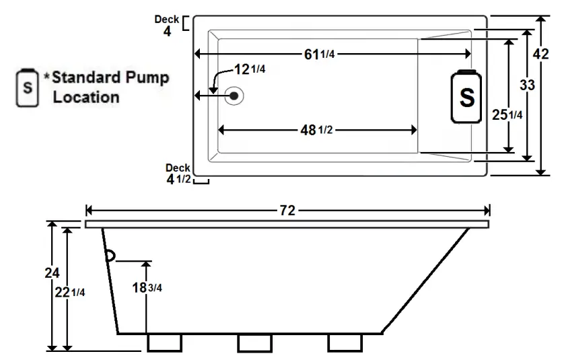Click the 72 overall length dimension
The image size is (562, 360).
(287, 210)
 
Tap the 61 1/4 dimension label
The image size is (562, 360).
(319, 55)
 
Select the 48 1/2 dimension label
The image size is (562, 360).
(316, 131)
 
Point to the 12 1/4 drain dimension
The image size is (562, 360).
(249, 70)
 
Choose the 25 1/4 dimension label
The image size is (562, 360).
(507, 115)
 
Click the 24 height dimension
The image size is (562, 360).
(51, 273)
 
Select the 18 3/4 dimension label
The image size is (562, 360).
(147, 287)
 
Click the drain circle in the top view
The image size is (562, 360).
(234, 96)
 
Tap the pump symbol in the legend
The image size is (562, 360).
(27, 87)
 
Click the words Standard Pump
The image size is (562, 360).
(110, 77)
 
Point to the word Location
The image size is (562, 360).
(86, 97)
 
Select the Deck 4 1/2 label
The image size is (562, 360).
(179, 174)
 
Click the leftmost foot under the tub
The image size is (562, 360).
(164, 343)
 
